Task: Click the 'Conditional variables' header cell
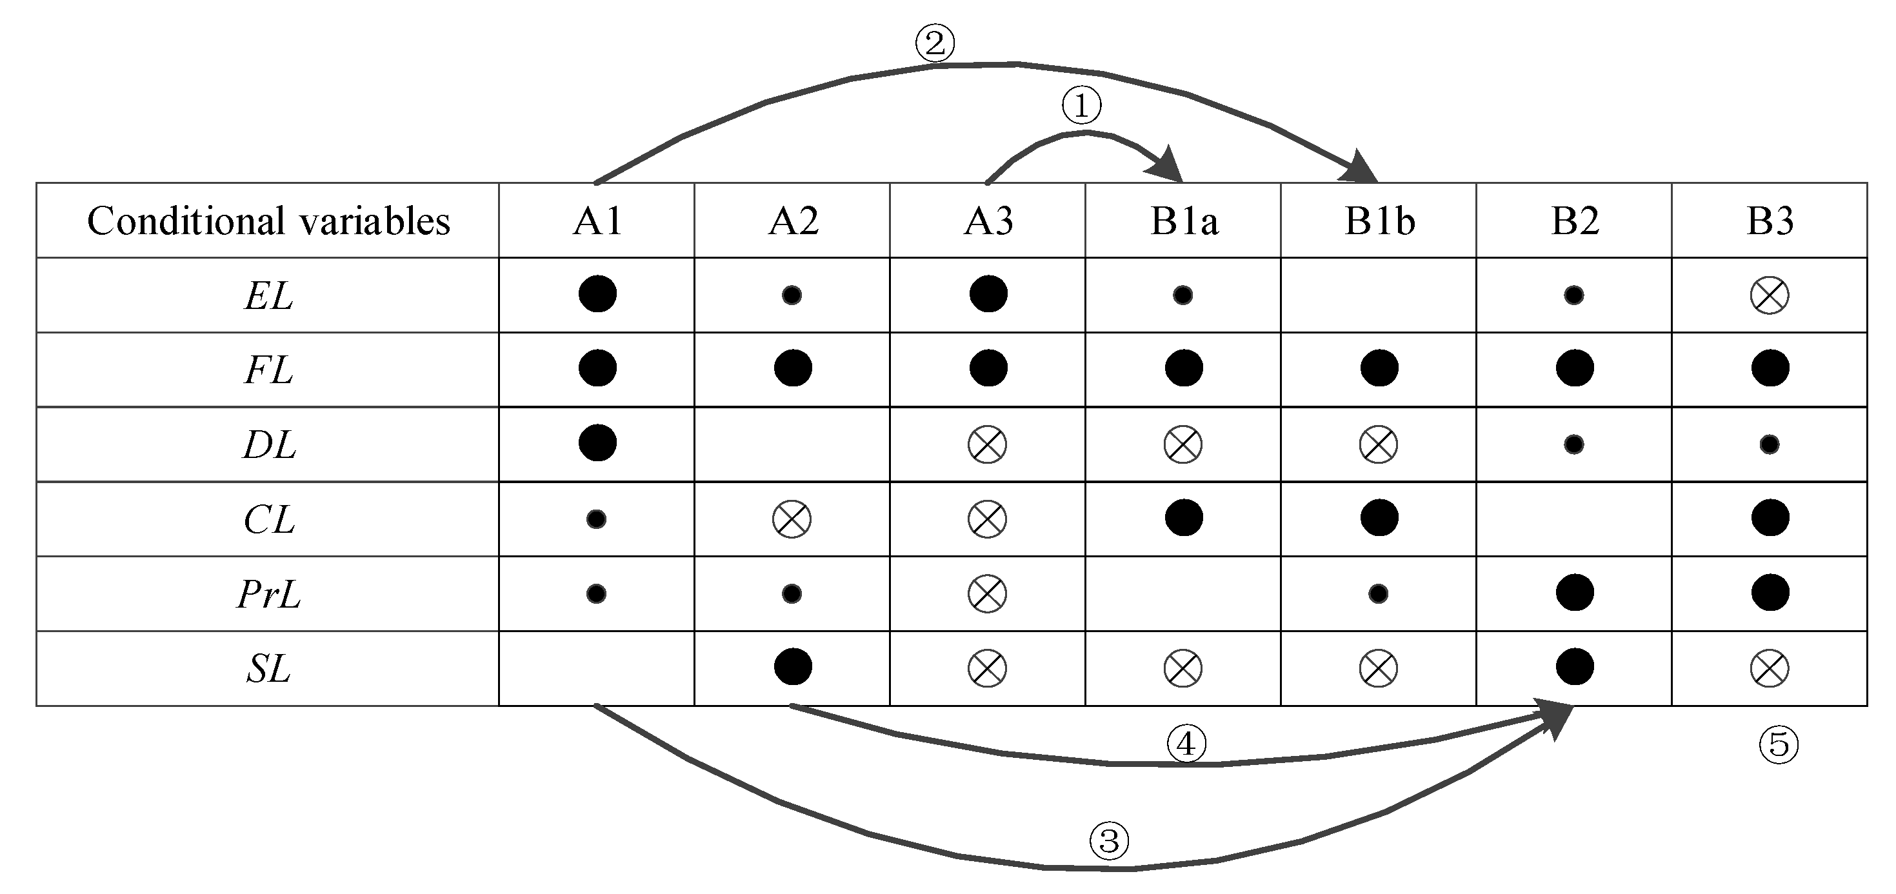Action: (268, 221)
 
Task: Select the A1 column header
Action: (597, 221)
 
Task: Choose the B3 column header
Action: (1770, 221)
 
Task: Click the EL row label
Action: (268, 296)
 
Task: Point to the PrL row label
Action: (268, 594)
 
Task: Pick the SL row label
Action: (268, 669)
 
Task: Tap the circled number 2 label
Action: (935, 43)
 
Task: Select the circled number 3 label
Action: (1109, 840)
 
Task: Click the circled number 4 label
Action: (1186, 744)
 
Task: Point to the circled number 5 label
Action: (1778, 744)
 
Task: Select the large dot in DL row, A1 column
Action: (597, 443)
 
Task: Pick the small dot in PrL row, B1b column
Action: (1378, 593)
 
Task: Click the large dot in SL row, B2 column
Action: (1574, 667)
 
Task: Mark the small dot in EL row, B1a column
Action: (1183, 295)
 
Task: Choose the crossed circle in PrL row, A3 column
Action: (987, 593)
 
